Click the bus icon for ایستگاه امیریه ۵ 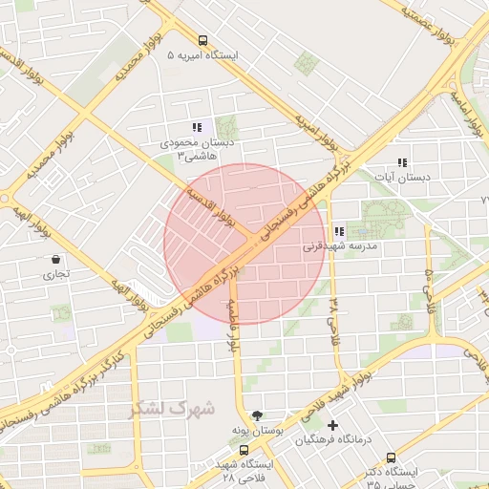pyautogui.click(x=202, y=40)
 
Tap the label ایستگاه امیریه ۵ pyautogui.click(x=202, y=55)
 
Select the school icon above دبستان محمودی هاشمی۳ pyautogui.click(x=197, y=127)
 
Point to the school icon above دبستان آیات pyautogui.click(x=402, y=162)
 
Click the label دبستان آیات pyautogui.click(x=402, y=178)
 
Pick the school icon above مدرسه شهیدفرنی pyautogui.click(x=339, y=230)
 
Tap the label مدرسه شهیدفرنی pyautogui.click(x=340, y=245)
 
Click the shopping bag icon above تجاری pyautogui.click(x=57, y=259)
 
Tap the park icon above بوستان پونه pyautogui.click(x=256, y=415)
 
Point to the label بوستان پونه pyautogui.click(x=256, y=431)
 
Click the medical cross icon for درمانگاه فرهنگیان pyautogui.click(x=332, y=425)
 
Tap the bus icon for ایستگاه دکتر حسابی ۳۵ pyautogui.click(x=366, y=471)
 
